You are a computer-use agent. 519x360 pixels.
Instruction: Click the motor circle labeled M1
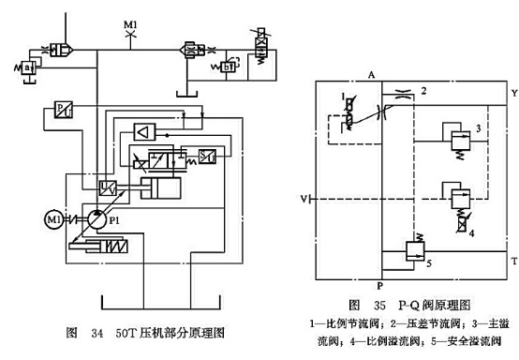click(53, 219)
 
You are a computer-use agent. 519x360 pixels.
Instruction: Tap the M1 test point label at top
click(131, 20)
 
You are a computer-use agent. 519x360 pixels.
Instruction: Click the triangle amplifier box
click(144, 130)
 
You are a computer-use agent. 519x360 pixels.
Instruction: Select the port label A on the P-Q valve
click(372, 74)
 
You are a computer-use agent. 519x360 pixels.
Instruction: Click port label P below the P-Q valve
click(378, 286)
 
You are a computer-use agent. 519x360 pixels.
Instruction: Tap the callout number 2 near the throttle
click(423, 91)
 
